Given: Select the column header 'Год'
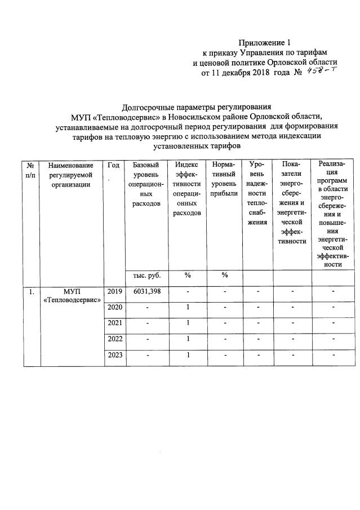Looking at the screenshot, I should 113,165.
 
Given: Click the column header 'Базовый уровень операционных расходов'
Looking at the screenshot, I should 146,184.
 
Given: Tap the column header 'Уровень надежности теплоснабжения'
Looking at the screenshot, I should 257,193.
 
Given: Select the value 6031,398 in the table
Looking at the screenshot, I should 146,291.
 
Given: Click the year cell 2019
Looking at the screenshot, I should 115,291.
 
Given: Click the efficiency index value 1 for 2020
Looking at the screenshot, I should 187,307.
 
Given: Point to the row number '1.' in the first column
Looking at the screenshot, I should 32,292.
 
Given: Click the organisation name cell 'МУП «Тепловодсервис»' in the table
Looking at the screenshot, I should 72,296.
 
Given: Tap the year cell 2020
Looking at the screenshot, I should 115,307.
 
